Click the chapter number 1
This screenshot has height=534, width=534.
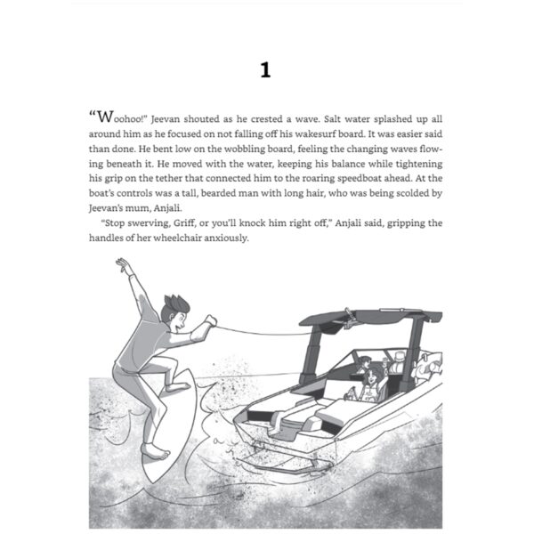(265, 71)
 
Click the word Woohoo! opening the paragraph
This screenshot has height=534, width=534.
(118, 117)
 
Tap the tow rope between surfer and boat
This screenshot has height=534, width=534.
(267, 332)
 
